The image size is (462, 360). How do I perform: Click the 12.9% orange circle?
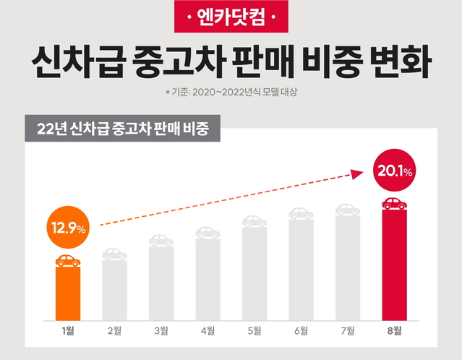(x=69, y=228)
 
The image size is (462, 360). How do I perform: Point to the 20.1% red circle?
(x=393, y=171)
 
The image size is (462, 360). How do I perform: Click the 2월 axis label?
(x=115, y=331)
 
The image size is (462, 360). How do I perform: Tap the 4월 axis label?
(x=208, y=331)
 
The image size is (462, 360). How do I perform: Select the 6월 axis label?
(x=301, y=331)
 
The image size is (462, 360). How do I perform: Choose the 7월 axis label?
(x=348, y=331)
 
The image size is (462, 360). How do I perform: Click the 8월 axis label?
(x=393, y=331)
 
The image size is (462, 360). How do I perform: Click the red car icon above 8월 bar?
(x=393, y=203)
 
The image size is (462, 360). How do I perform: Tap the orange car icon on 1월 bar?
(x=69, y=260)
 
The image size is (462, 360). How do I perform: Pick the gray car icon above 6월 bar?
(x=301, y=213)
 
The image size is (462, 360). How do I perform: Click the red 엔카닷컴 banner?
(x=231, y=16)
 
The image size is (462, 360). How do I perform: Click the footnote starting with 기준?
(x=231, y=93)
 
